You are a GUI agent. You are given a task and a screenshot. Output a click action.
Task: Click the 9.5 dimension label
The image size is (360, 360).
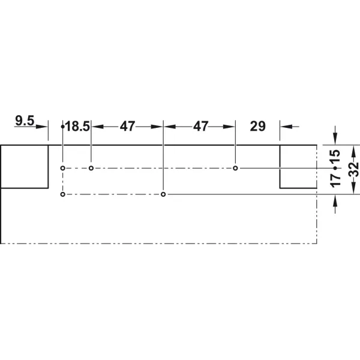coord(25,121)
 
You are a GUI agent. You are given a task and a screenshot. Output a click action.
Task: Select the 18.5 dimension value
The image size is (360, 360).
coord(77,127)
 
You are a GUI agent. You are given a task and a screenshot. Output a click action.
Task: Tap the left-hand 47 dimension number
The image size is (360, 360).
coord(127,126)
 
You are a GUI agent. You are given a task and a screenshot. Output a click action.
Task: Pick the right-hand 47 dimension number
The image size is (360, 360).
coord(200,126)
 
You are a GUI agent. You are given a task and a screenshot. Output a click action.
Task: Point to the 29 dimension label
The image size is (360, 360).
coord(257,126)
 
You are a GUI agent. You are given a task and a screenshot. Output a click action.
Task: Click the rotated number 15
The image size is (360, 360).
coord(335,157)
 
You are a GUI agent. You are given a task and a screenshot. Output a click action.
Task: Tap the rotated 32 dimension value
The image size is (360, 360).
coord(354,169)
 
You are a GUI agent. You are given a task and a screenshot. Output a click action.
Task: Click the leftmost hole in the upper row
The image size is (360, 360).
coord(62,168)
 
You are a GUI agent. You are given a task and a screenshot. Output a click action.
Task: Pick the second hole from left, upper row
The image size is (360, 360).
coord(91,168)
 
